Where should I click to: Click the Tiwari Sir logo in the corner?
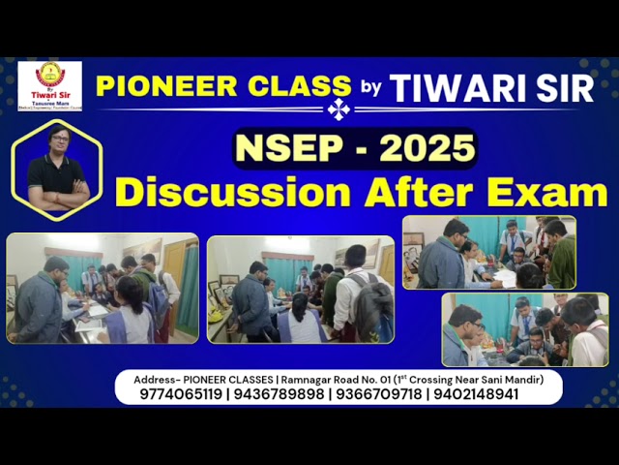tap(49, 85)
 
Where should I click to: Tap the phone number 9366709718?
tap(380, 394)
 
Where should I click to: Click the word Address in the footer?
tap(140, 379)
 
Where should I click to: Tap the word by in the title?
tap(371, 87)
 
